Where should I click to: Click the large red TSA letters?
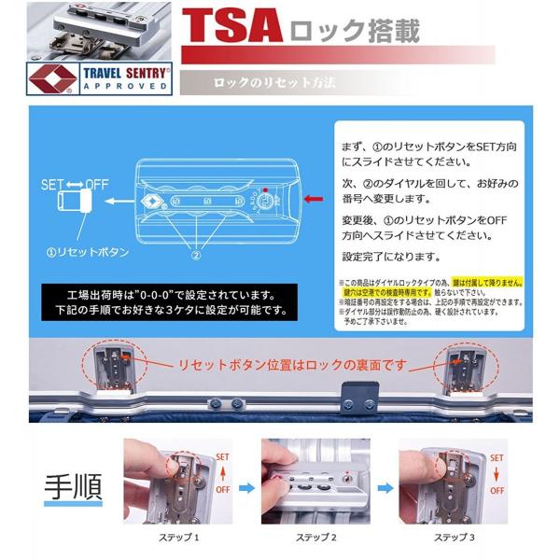point(231,28)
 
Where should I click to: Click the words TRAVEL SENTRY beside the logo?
point(127,71)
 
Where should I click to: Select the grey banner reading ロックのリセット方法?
point(273,83)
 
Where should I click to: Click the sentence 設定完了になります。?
point(389,257)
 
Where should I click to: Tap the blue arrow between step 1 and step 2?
point(246,485)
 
